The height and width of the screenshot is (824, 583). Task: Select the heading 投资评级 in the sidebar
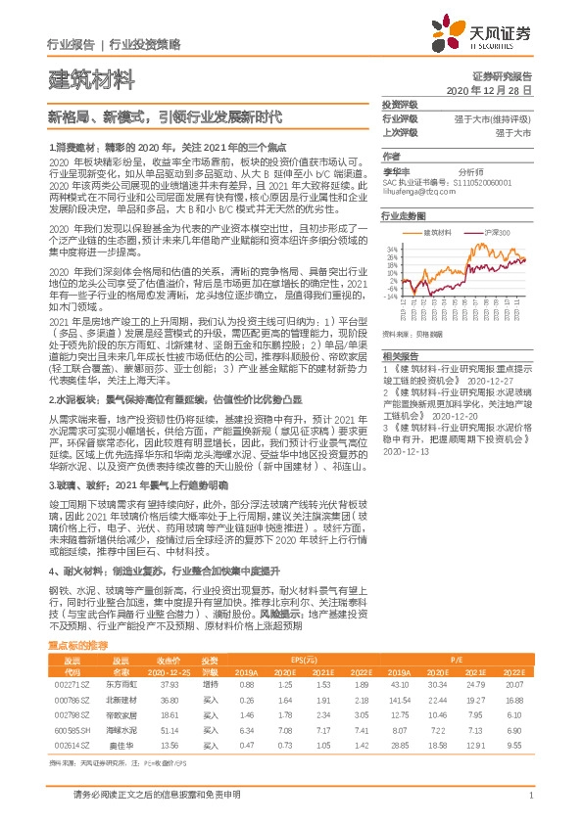tap(399, 105)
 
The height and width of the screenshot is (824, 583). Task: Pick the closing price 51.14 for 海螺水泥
tap(166, 729)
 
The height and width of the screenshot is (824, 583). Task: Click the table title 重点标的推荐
tap(77, 647)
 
